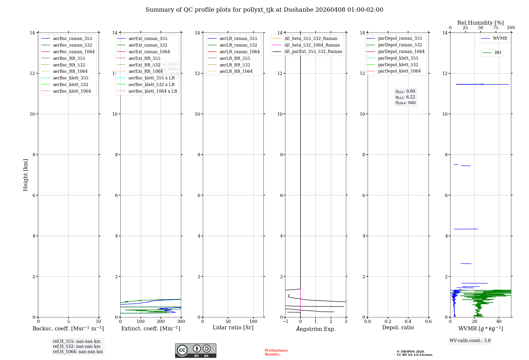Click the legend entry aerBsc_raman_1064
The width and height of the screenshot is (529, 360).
click(74, 52)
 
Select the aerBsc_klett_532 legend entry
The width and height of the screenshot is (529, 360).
click(70, 84)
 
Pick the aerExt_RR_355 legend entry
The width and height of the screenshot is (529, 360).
click(144, 58)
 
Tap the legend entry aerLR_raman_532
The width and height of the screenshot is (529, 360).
click(238, 45)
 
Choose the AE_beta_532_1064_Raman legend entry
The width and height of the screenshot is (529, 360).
click(312, 45)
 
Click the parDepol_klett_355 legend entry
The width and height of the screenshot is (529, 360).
click(398, 58)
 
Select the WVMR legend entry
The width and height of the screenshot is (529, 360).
click(500, 38)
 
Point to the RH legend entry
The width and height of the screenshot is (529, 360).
click(498, 53)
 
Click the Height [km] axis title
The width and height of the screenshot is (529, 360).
click(25, 175)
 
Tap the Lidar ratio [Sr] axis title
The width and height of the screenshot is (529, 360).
click(233, 327)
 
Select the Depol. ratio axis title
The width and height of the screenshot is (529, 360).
click(398, 327)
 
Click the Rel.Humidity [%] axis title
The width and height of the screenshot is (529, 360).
click(480, 23)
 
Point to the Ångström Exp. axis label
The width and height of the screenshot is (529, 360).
click(316, 329)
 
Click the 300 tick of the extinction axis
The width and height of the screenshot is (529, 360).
click(181, 322)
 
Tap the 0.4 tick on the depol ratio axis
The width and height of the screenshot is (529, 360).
click(408, 322)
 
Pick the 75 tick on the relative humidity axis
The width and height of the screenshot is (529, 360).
click(495, 28)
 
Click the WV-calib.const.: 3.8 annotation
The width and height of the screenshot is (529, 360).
click(470, 341)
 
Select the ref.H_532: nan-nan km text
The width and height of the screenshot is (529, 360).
click(76, 346)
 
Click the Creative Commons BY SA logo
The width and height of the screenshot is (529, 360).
click(195, 350)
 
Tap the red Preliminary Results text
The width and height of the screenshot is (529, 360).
click(276, 352)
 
